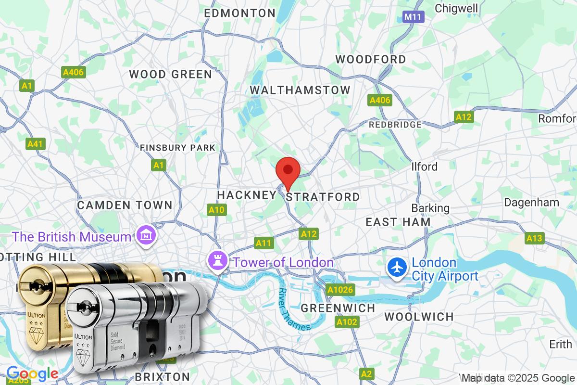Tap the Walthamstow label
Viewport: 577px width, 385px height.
click(300, 90)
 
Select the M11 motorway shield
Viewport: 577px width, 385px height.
click(413, 17)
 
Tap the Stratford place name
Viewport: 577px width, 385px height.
click(323, 197)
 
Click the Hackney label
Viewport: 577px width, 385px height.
click(247, 195)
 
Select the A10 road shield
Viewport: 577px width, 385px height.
click(216, 209)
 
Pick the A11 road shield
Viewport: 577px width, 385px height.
click(263, 243)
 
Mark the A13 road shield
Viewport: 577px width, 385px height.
click(534, 238)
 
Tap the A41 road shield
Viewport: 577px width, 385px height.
click(35, 143)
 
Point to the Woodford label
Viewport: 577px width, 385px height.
click(370, 59)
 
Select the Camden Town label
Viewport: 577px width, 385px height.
click(125, 205)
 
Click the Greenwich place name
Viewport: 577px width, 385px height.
click(337, 308)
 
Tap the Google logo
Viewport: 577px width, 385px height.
click(32, 373)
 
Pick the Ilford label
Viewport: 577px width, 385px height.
click(425, 167)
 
